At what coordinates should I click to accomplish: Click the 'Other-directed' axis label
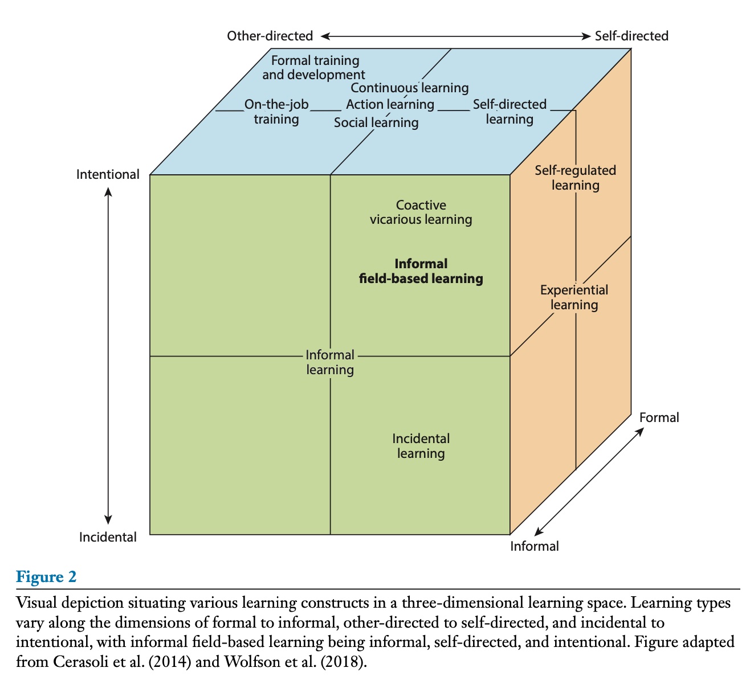click(270, 36)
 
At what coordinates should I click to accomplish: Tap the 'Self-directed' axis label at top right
click(631, 36)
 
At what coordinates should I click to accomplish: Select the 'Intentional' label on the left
click(108, 174)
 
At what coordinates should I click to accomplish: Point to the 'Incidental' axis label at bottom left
click(108, 537)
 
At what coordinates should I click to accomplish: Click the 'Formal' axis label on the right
click(659, 417)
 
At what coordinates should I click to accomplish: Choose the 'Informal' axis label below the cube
click(534, 546)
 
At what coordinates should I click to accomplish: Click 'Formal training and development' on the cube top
click(314, 68)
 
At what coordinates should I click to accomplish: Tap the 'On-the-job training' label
click(276, 112)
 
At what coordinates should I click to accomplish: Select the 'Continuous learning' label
click(409, 88)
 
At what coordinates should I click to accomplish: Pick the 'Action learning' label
click(390, 104)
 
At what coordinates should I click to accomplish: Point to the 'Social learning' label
click(376, 122)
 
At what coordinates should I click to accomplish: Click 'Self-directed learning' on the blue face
click(509, 112)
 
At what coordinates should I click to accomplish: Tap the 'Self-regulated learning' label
click(575, 178)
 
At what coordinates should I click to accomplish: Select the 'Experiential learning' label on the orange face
click(574, 297)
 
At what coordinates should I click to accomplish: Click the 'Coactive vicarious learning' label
click(421, 212)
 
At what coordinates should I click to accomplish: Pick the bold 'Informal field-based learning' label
click(421, 271)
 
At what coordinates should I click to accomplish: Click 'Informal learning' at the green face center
click(330, 362)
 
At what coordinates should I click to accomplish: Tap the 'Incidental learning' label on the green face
click(421, 446)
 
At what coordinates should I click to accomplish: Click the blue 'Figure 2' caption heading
click(46, 577)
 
